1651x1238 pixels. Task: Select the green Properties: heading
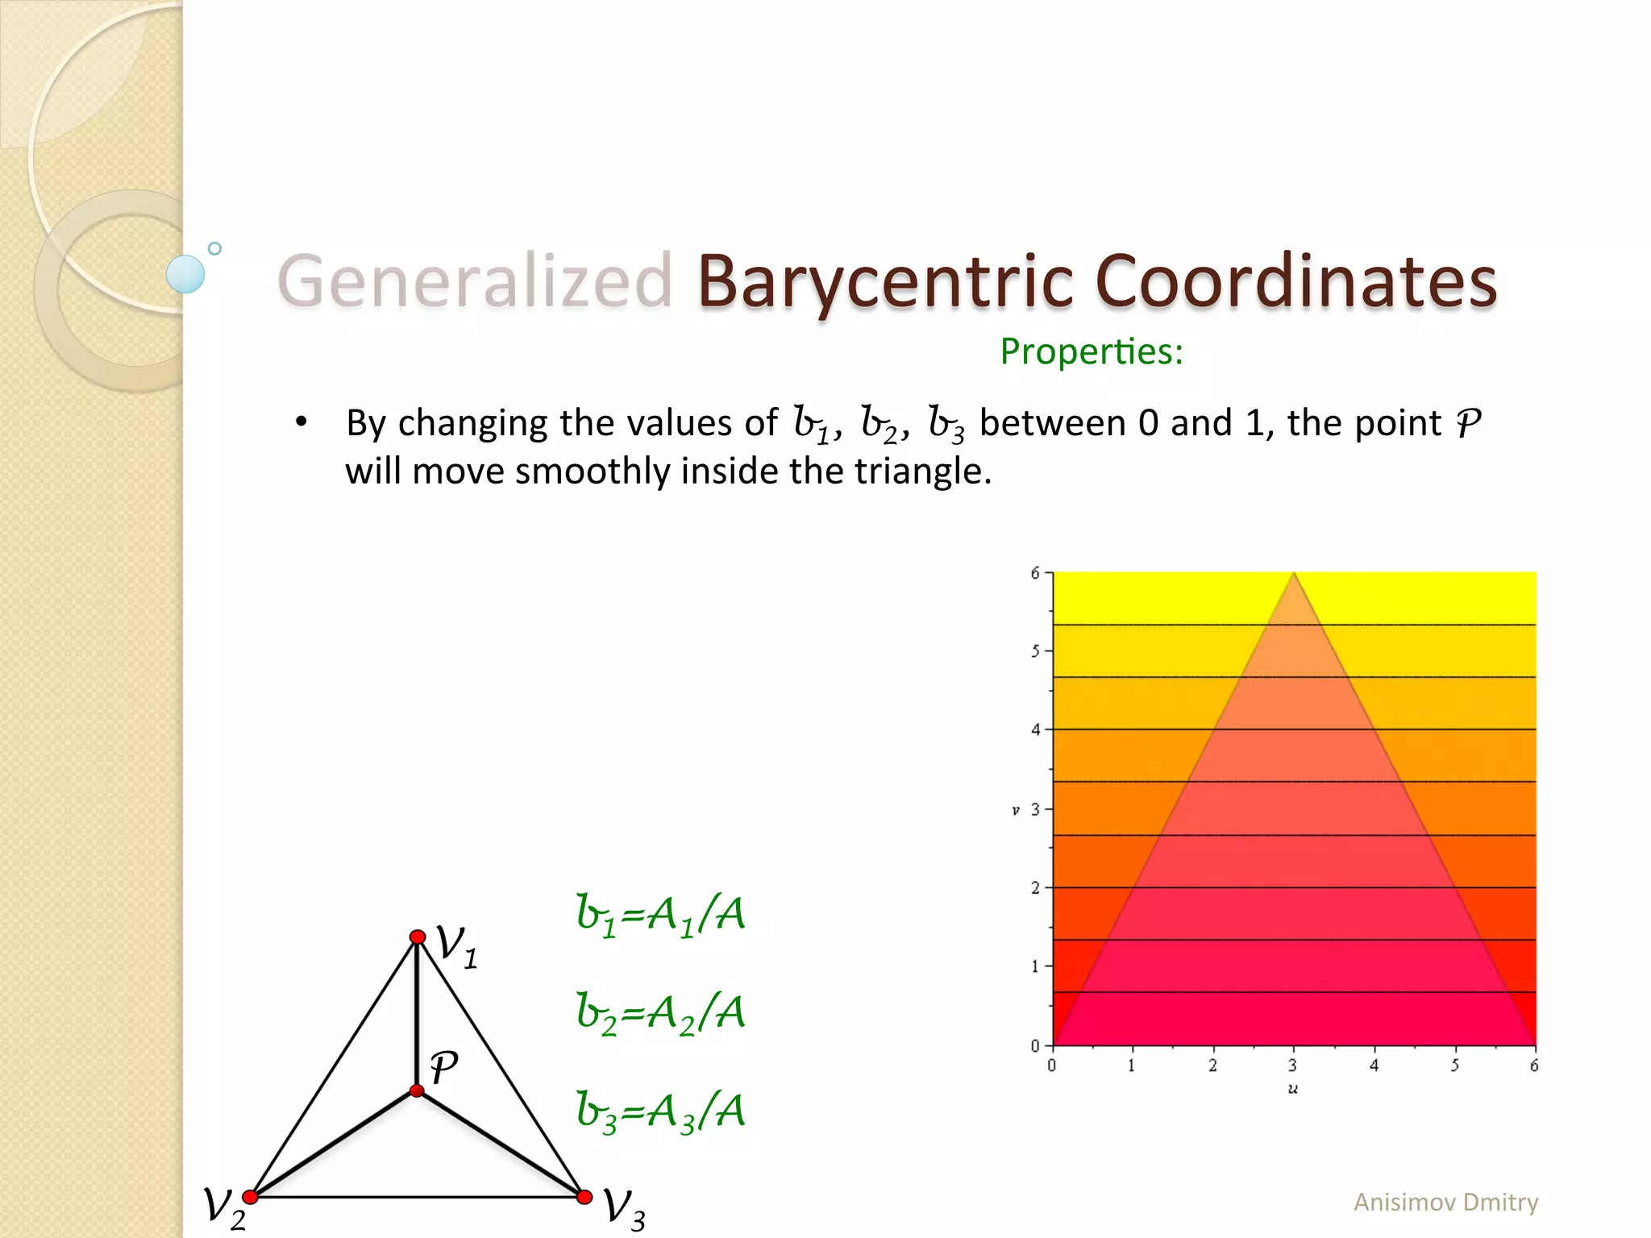coord(1092,351)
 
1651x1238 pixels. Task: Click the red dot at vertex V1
coord(418,937)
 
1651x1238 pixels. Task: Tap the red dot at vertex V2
coord(251,1197)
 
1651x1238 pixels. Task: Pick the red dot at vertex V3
coord(584,1197)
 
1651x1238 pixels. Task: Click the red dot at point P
coord(417,1091)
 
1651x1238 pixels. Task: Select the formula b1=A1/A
coord(660,916)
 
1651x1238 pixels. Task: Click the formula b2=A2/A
coord(660,1013)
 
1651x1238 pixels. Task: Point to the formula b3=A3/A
coord(660,1111)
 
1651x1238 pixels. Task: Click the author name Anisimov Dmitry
coord(1445,1202)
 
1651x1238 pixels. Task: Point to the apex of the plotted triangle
coord(1294,573)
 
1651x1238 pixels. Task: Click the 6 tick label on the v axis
coord(1035,573)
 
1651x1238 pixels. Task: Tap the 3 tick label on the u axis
coord(1292,1066)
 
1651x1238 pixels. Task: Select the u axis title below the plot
coord(1293,1089)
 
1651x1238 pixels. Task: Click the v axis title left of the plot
coord(1016,810)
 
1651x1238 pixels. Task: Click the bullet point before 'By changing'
coord(302,422)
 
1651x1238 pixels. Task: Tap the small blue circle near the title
coord(214,249)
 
